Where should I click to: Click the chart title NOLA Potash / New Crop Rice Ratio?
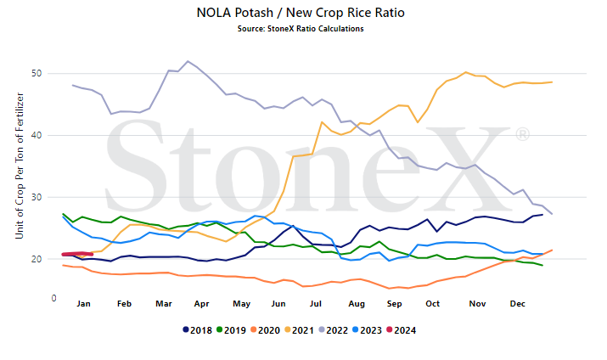click(301, 13)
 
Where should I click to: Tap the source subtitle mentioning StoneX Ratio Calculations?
click(301, 29)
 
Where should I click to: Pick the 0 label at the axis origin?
click(53, 299)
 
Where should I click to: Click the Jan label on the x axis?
click(83, 304)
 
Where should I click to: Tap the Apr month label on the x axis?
click(202, 304)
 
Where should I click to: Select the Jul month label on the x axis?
click(316, 304)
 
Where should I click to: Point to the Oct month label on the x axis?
click(432, 304)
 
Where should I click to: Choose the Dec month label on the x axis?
click(518, 304)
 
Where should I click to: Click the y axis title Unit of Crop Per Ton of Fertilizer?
click(20, 166)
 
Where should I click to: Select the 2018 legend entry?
click(198, 330)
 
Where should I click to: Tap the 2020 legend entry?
click(265, 330)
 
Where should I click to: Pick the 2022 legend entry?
click(334, 330)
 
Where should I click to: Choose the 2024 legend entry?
click(401, 330)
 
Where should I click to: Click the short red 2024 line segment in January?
click(77, 254)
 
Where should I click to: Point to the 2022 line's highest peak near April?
click(188, 61)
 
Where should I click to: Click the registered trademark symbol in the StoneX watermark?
click(522, 135)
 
